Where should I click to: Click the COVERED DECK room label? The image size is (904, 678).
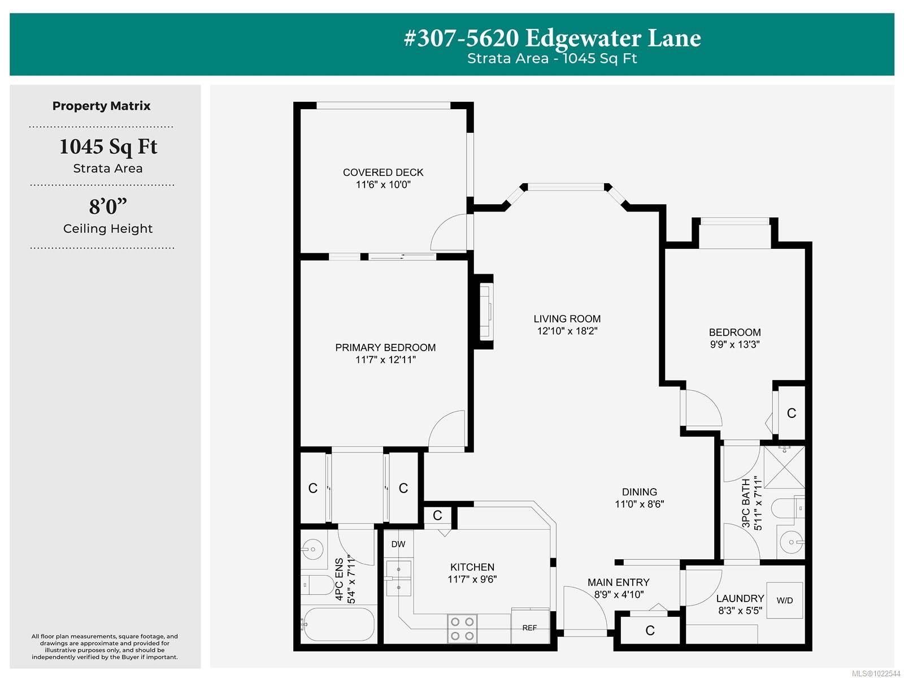(383, 172)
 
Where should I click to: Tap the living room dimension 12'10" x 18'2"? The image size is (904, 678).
(567, 331)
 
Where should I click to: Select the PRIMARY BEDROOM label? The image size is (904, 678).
(385, 347)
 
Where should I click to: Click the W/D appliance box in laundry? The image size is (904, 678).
(784, 600)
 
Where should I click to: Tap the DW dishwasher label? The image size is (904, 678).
(398, 544)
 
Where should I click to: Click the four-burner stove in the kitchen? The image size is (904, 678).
(462, 628)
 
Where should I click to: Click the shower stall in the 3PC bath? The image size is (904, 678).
(784, 467)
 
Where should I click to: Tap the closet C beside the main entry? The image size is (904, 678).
(650, 631)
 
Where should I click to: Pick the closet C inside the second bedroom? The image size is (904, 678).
(791, 413)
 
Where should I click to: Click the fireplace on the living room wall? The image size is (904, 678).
(485, 312)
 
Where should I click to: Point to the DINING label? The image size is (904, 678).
(639, 492)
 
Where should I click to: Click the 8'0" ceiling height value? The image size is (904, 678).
(107, 206)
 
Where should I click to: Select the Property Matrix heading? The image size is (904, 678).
(102, 106)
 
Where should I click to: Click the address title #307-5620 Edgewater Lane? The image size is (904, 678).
(552, 38)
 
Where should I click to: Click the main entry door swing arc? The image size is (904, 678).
(582, 605)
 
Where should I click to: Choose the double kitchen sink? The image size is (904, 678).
(398, 578)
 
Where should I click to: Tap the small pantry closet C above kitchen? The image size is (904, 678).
(437, 515)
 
